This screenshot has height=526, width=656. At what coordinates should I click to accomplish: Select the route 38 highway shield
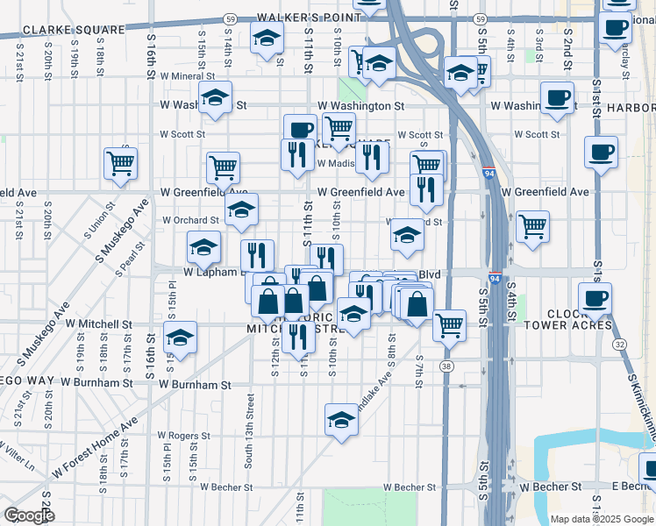(x=448, y=366)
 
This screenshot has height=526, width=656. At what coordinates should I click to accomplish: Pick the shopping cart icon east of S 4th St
(x=532, y=225)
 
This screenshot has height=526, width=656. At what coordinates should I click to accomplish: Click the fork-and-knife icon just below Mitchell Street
(x=298, y=336)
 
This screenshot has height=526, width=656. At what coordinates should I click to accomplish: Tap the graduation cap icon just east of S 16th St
(x=180, y=338)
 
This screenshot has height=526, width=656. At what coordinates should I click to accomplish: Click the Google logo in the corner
(x=29, y=515)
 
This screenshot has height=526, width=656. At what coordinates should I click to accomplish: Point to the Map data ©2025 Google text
(x=602, y=518)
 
